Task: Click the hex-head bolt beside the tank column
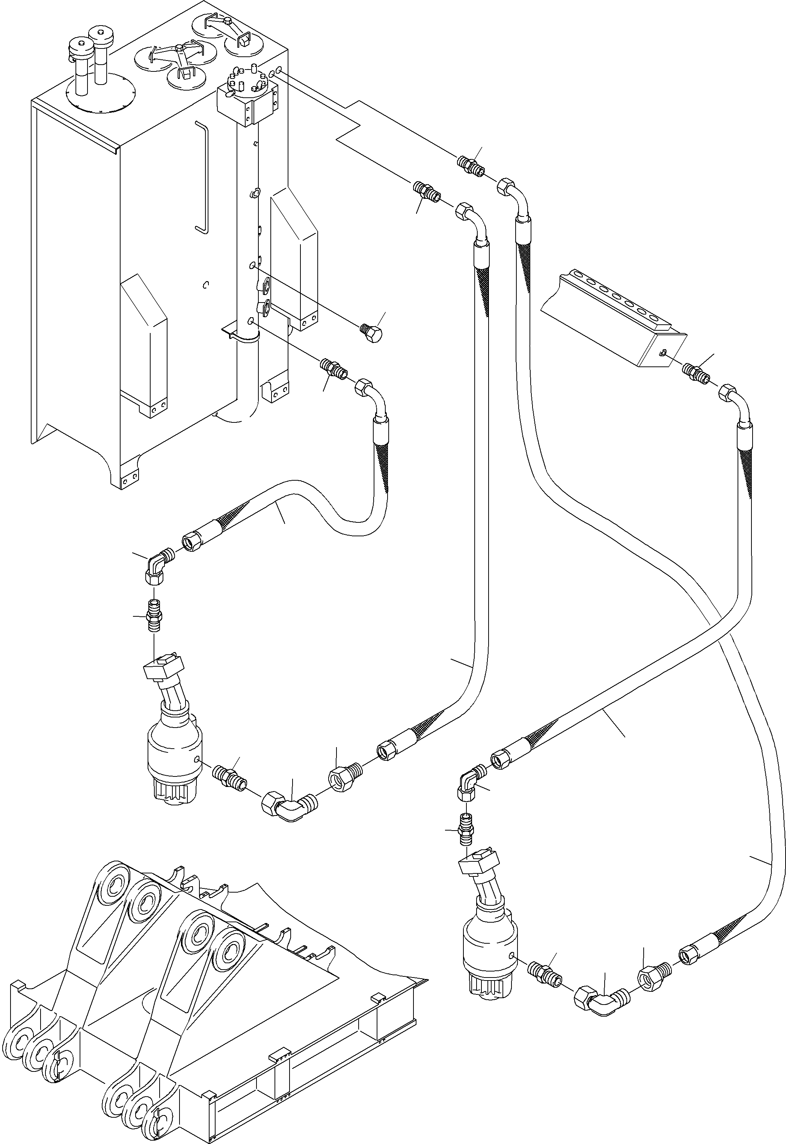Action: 373,335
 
